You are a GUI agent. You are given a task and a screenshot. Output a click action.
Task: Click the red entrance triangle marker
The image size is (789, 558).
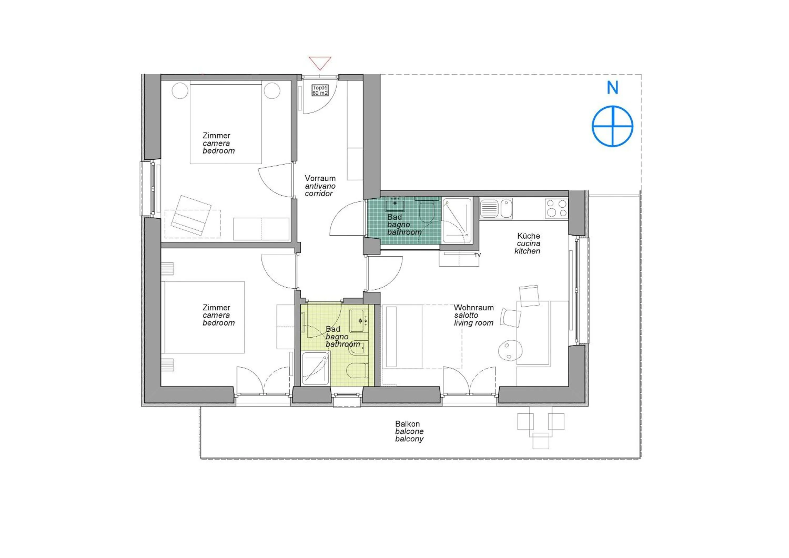point(320,63)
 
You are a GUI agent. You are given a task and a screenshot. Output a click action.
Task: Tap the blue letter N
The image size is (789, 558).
point(612,88)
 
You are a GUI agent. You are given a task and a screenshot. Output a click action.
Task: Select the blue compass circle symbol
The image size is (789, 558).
point(612,126)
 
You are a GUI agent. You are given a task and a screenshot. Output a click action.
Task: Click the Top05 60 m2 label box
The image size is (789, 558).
point(320,90)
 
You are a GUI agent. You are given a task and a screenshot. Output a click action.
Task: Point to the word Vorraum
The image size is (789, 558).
point(320,178)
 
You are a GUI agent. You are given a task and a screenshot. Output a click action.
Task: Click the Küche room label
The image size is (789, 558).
point(528,236)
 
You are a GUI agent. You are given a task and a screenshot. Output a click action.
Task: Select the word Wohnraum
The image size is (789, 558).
point(474,307)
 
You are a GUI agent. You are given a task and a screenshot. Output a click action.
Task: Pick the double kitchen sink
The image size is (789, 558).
point(496,209)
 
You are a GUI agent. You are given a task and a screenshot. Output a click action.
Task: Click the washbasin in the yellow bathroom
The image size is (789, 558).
point(359,320)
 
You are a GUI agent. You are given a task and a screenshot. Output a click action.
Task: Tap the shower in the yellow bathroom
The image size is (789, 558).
point(315,369)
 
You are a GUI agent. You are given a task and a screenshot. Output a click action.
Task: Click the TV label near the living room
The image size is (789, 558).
point(477,255)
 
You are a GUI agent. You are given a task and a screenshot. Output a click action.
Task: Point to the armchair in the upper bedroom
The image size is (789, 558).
point(191,215)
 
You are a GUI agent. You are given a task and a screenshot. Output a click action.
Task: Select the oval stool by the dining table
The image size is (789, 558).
point(510,350)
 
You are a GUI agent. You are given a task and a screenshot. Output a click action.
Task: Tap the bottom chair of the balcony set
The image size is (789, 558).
point(540,441)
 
